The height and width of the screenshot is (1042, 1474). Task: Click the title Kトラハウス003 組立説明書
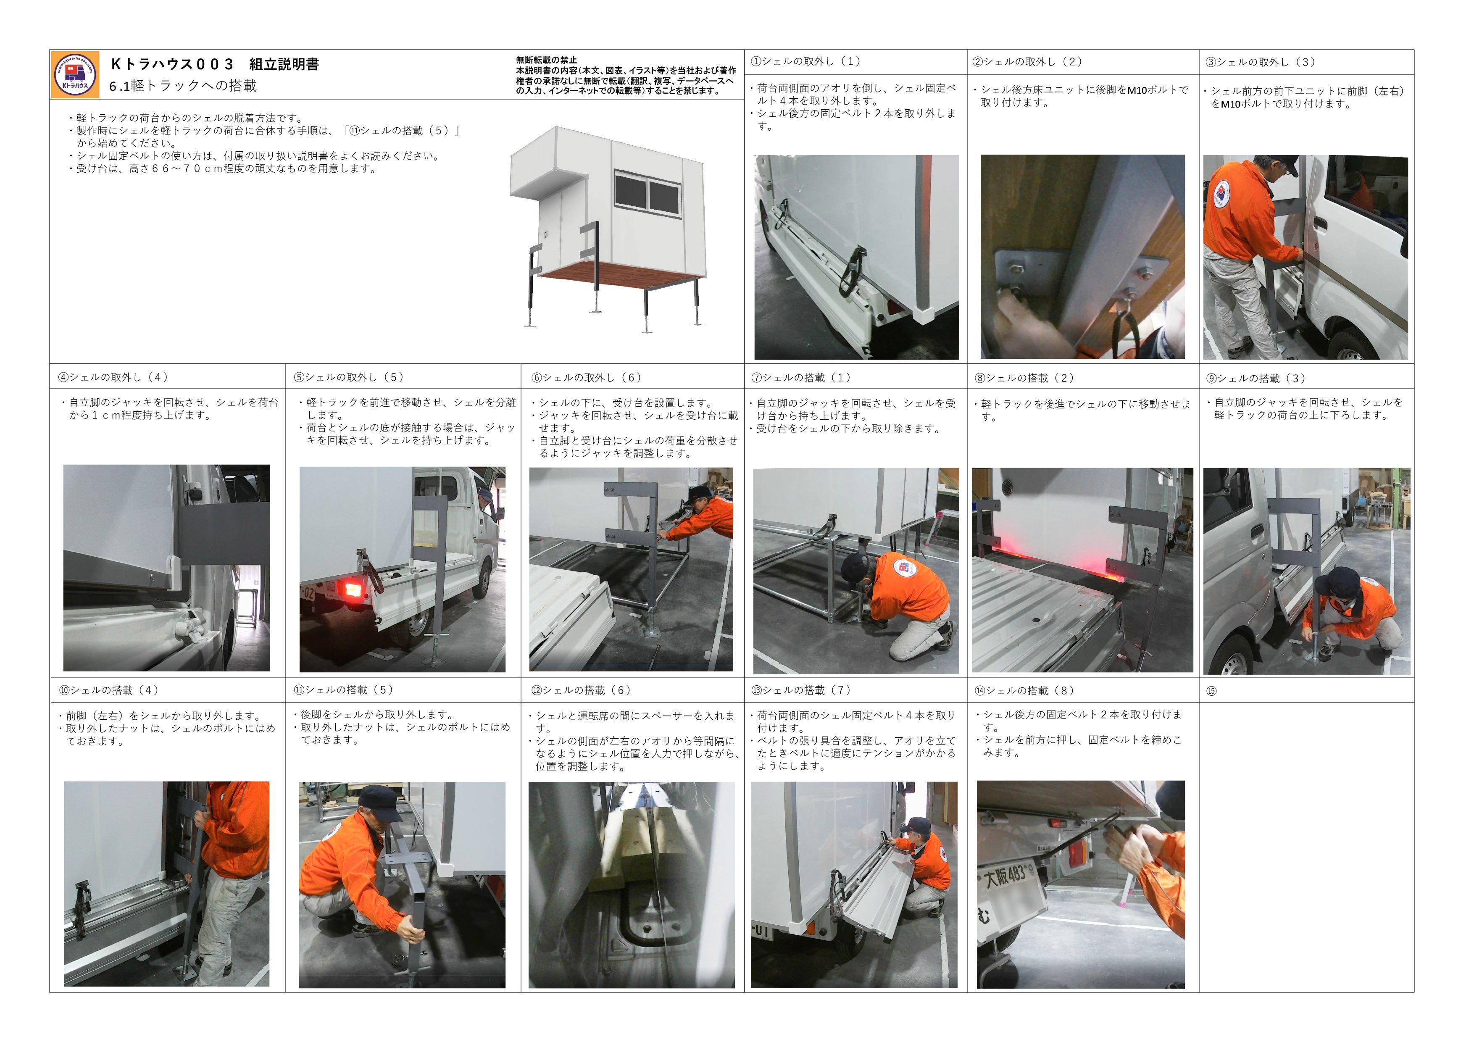(x=215, y=64)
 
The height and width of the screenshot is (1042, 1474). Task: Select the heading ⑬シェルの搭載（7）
(x=801, y=691)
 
